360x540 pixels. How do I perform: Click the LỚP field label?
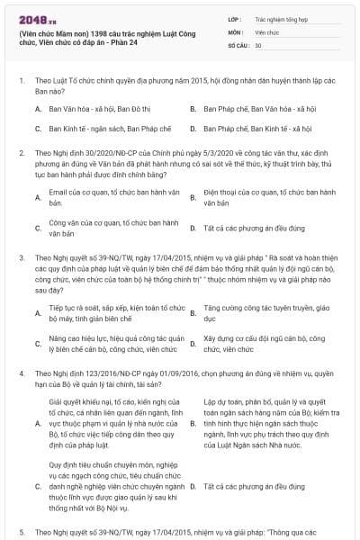235,18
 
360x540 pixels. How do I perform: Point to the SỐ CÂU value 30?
258,45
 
